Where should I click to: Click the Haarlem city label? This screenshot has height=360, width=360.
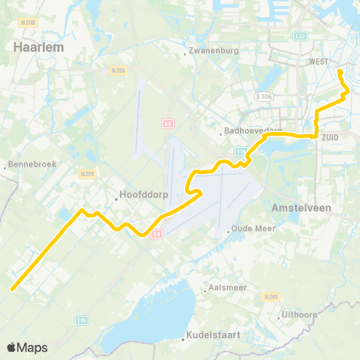37,46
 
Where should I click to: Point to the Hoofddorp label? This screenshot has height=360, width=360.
137,199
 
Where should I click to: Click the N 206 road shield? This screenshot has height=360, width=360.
29,22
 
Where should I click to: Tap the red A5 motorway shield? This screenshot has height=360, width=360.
167,122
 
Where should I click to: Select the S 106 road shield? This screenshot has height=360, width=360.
262,96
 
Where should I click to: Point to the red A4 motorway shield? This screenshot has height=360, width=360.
157,233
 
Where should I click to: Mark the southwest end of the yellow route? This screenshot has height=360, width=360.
12,288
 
